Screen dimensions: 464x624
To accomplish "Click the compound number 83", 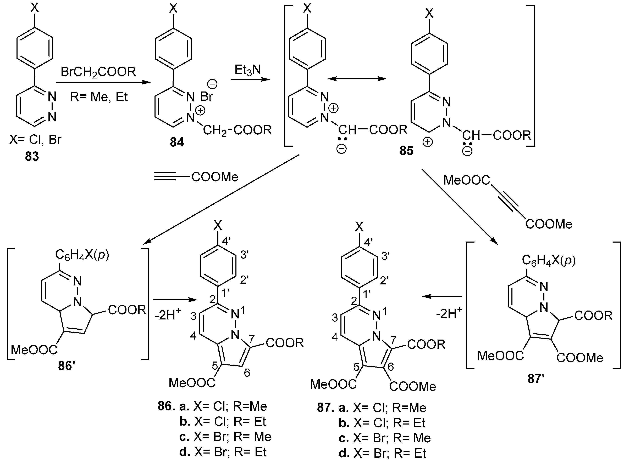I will point(32,156).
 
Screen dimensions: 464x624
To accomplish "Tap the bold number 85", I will point(406,151).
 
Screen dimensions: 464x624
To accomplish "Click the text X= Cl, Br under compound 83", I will point(35,139).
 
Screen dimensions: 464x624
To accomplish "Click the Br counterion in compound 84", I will point(207,96).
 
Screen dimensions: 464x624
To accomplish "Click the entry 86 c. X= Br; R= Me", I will point(225,437).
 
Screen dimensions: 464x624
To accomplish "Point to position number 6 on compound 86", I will point(247,373).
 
